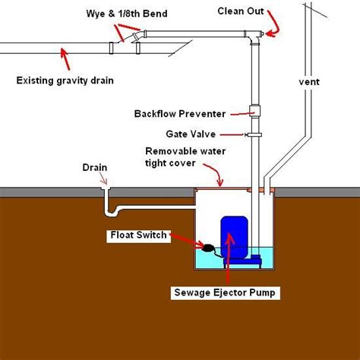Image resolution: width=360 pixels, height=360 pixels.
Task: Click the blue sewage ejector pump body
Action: click(x=232, y=237)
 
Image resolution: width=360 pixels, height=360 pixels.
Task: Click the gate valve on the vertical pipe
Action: click(x=255, y=135)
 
